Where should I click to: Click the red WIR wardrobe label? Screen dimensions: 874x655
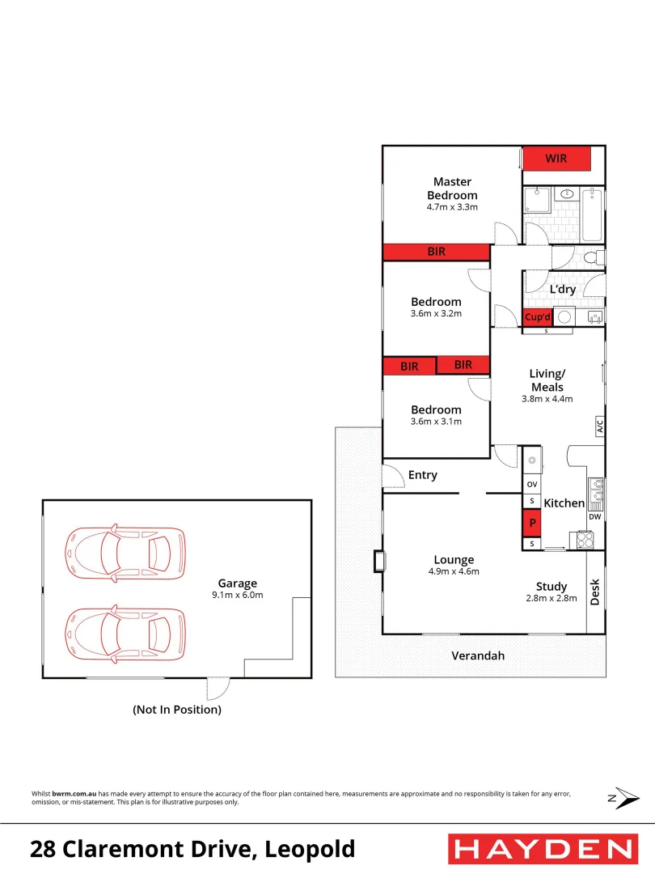click(556, 159)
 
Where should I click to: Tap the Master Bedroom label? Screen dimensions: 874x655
click(452, 189)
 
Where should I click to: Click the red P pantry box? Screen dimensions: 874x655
click(532, 524)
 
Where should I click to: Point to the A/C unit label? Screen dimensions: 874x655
click(600, 426)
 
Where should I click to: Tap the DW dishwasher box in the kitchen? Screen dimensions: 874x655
click(595, 516)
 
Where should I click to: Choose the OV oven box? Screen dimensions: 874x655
click(532, 484)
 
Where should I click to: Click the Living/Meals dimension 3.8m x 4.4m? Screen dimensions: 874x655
click(547, 398)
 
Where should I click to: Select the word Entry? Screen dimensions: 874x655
click(422, 475)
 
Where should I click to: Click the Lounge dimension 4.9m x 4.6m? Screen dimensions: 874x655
click(454, 571)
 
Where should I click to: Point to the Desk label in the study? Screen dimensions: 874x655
click(596, 592)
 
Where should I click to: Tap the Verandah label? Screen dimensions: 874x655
click(477, 655)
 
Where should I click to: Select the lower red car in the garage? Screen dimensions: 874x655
click(125, 634)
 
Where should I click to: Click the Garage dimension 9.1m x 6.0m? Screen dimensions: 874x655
click(237, 595)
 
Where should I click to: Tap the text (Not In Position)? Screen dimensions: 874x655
click(177, 710)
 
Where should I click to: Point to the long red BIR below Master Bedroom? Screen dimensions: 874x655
click(437, 252)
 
